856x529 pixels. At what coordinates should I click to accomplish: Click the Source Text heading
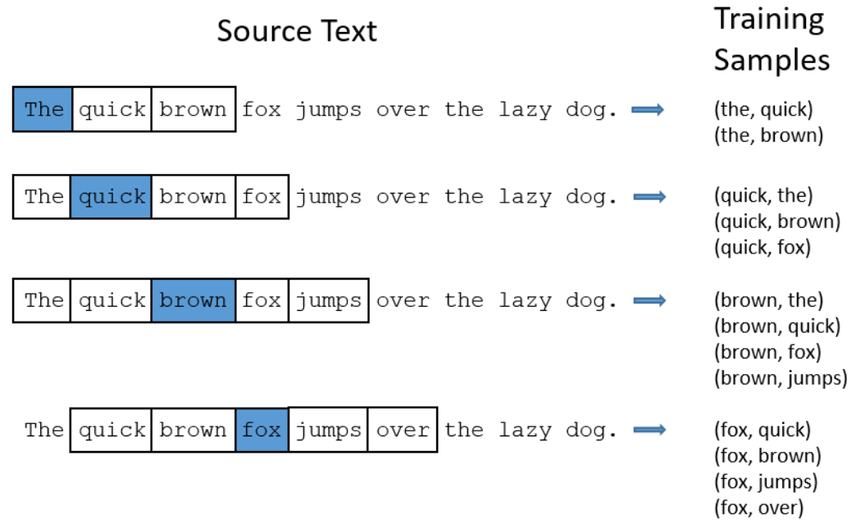pyautogui.click(x=297, y=31)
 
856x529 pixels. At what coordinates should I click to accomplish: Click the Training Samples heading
pyautogui.click(x=772, y=39)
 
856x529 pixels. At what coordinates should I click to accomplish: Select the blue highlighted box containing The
pyautogui.click(x=43, y=109)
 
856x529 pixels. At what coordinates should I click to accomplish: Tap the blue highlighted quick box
pyautogui.click(x=112, y=197)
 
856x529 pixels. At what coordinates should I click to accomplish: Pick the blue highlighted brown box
pyautogui.click(x=194, y=300)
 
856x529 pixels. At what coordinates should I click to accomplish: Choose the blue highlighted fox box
pyautogui.click(x=262, y=430)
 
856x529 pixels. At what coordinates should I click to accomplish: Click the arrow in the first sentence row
pyautogui.click(x=648, y=110)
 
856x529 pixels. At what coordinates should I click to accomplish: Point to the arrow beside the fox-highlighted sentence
pyautogui.click(x=649, y=431)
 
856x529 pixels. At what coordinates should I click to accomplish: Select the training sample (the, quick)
pyautogui.click(x=763, y=110)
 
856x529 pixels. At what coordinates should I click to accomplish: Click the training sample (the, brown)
pyautogui.click(x=768, y=135)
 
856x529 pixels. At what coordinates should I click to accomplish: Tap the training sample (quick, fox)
pyautogui.click(x=763, y=248)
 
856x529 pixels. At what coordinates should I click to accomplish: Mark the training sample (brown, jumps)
pyautogui.click(x=781, y=378)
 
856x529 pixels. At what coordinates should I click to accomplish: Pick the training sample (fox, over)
pyautogui.click(x=758, y=508)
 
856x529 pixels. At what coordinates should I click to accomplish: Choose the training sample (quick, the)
pyautogui.click(x=763, y=195)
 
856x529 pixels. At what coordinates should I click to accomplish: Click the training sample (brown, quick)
pyautogui.click(x=777, y=326)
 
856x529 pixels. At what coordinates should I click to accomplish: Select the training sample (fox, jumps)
pyautogui.click(x=766, y=481)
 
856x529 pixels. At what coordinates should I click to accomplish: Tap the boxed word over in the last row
pyautogui.click(x=403, y=430)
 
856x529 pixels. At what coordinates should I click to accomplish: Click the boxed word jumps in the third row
pyautogui.click(x=329, y=301)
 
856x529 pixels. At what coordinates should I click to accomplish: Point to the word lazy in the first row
pyautogui.click(x=526, y=110)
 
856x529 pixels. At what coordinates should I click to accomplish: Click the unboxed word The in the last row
pyautogui.click(x=44, y=430)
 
